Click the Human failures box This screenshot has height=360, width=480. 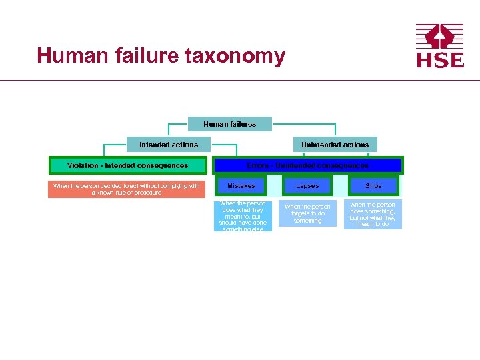coord(229,124)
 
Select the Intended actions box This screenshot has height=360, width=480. coord(168,145)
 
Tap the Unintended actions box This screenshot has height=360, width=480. coord(335,145)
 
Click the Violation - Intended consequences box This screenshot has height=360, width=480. coord(127,165)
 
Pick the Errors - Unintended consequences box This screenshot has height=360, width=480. coord(307,165)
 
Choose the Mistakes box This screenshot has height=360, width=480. coord(241,186)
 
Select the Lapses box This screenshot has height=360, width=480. coord(307,186)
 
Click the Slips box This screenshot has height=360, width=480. coord(373,186)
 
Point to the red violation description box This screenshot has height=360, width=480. coord(127,189)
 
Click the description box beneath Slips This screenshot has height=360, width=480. coord(373,215)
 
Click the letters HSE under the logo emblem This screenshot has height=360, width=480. coord(439,60)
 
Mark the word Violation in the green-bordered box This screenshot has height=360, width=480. coord(83,165)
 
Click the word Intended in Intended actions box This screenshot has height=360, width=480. coord(154,145)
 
